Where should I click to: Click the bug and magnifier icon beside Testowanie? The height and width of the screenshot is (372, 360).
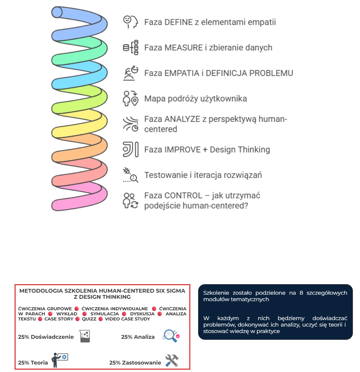(130, 175)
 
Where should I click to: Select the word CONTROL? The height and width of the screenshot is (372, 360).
(183, 196)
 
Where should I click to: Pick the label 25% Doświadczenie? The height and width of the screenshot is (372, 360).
(46, 337)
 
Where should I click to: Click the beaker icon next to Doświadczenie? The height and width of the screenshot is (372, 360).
(85, 336)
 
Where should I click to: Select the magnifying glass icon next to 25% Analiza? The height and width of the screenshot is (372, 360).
(170, 336)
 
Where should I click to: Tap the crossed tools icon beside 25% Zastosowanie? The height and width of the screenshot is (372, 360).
(172, 360)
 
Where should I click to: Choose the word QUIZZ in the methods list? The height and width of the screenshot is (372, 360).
(89, 319)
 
